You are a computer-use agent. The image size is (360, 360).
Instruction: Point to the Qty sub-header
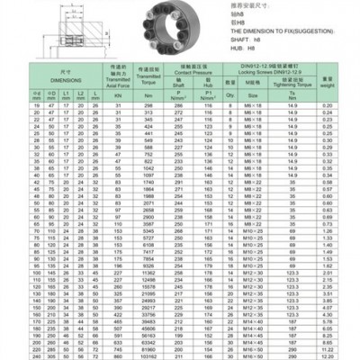tap(230, 94)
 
